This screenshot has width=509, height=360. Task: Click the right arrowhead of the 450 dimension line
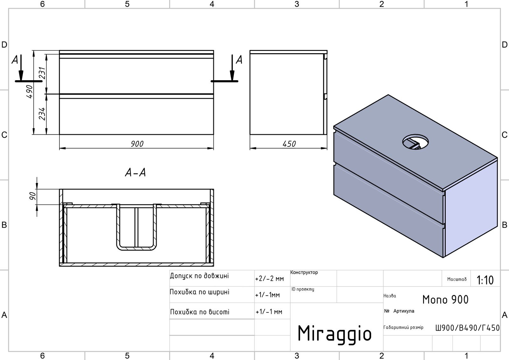pos(324,148)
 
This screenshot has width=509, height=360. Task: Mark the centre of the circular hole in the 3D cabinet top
pos(415,142)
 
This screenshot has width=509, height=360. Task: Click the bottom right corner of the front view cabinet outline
pos(213,134)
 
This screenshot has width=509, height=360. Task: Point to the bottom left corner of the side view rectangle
pos(250,134)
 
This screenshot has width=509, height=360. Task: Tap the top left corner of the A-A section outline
pos(59,189)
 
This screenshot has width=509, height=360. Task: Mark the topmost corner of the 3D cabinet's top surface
pos(388,95)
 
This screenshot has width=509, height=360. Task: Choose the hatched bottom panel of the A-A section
pos(136,265)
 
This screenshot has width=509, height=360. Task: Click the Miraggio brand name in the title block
pos(334,334)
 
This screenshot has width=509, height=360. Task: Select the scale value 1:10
pos(485,280)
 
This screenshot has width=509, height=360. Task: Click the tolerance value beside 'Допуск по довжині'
pos(269,279)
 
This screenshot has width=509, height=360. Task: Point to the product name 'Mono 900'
pos(445,300)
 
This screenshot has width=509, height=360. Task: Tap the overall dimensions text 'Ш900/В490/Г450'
pos(467,328)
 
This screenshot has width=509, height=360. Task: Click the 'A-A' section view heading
pos(136,173)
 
